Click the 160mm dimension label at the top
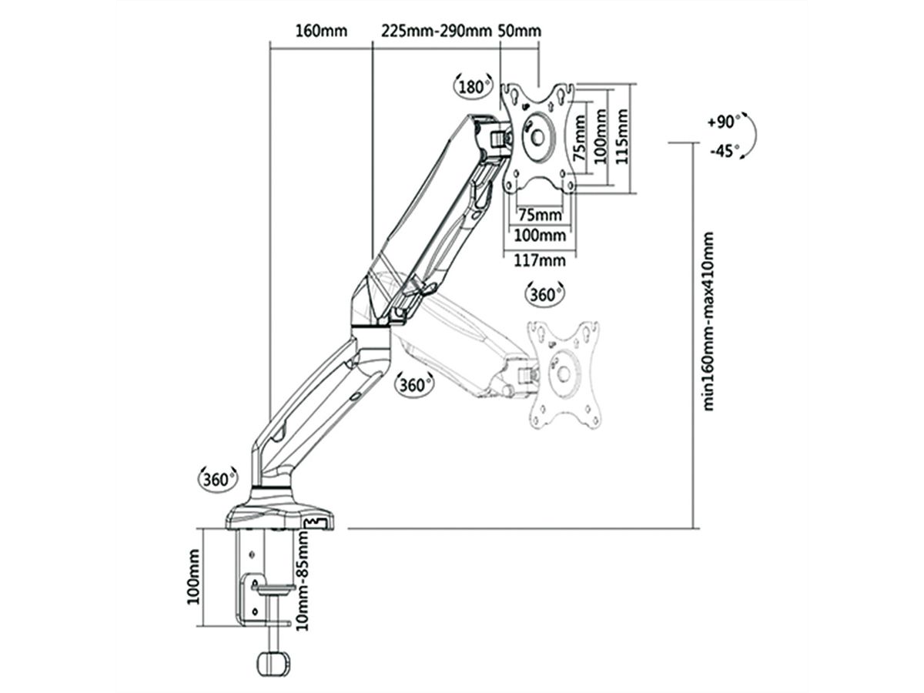point(321,32)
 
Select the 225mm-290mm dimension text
point(436,32)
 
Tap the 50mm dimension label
point(520,32)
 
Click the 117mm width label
point(539,260)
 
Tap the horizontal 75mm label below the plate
point(539,213)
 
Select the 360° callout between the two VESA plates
point(544,293)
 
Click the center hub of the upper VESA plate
point(537,136)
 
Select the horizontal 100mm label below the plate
point(539,235)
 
